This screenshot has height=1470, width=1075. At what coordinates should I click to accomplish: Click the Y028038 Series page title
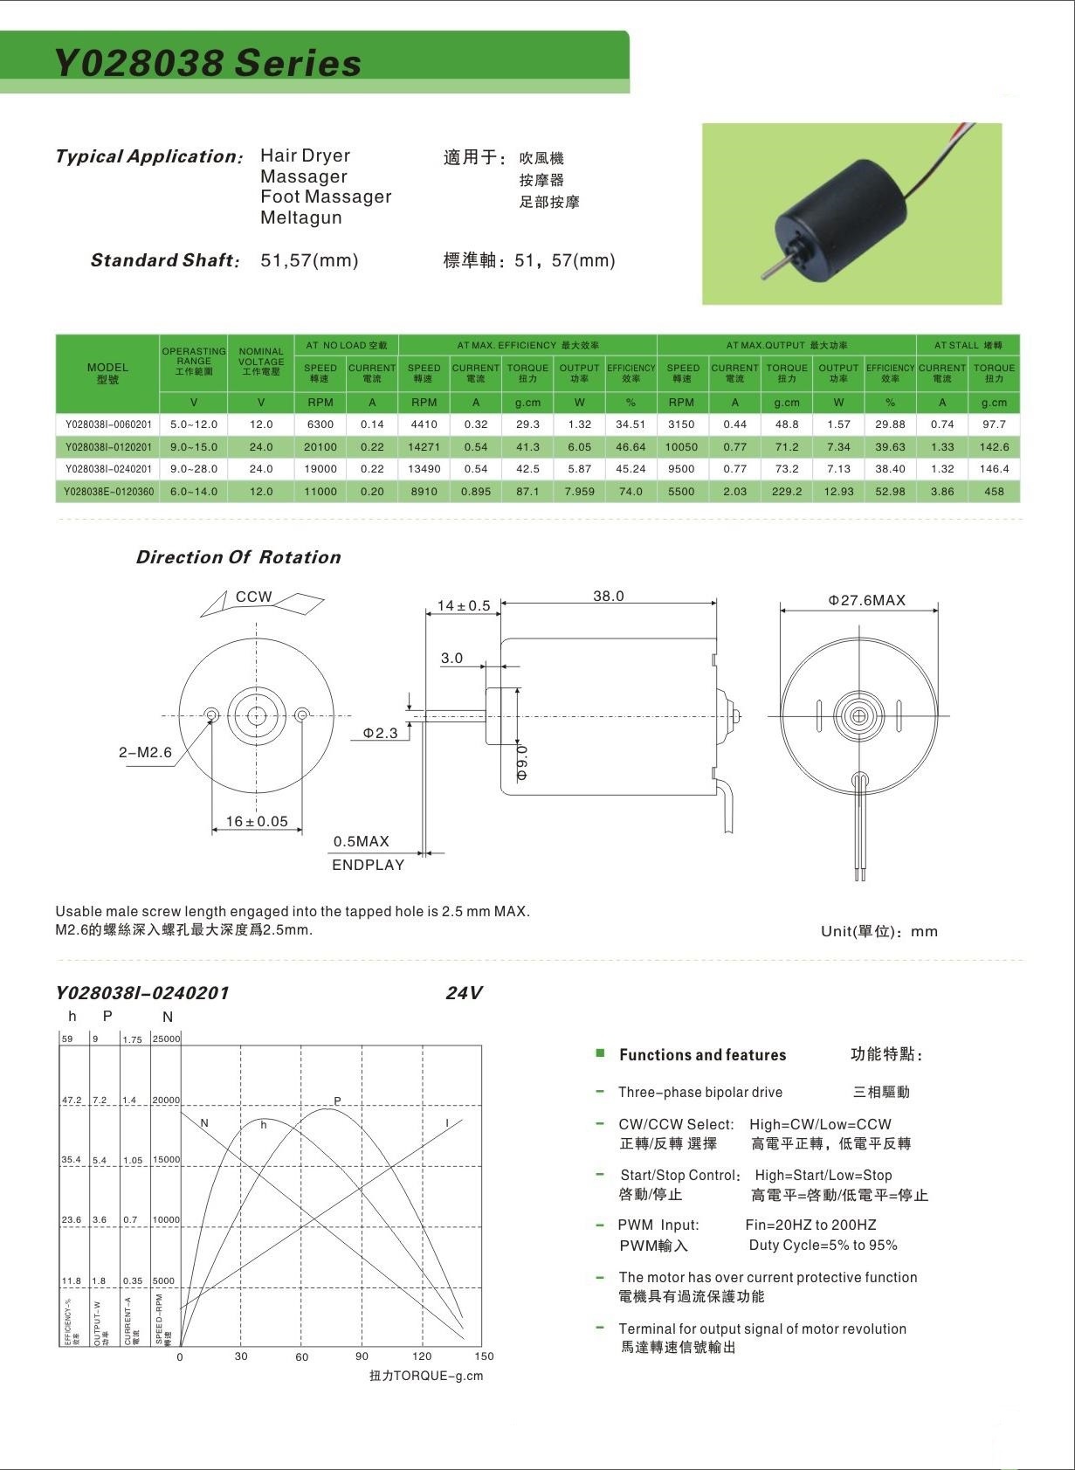click(x=208, y=63)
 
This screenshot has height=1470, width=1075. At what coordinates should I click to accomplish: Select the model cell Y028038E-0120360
click(x=108, y=492)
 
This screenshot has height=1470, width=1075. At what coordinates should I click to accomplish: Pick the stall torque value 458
click(x=994, y=492)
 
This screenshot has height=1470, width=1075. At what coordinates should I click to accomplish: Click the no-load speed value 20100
click(x=320, y=447)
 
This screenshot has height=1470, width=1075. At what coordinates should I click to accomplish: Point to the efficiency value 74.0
click(x=631, y=492)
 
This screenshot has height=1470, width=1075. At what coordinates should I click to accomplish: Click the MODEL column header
click(x=108, y=373)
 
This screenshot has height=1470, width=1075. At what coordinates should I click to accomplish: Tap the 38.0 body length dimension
click(x=609, y=597)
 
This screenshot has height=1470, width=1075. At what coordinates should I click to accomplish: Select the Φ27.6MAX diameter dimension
click(x=866, y=601)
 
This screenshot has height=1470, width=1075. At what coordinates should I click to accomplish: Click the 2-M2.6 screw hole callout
click(x=146, y=753)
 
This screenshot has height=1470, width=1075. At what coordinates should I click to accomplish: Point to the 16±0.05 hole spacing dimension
click(x=257, y=821)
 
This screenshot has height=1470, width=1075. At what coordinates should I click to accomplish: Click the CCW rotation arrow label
click(x=254, y=597)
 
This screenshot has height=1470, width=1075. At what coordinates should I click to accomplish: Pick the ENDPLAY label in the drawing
click(x=368, y=866)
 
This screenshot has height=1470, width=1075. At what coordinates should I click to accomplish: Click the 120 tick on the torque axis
click(x=423, y=1356)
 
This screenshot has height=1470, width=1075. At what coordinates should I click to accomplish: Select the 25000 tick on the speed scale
click(x=166, y=1039)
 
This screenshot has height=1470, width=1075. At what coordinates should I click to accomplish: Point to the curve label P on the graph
click(x=338, y=1101)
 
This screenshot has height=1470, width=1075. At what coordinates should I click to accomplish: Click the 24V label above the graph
click(x=464, y=993)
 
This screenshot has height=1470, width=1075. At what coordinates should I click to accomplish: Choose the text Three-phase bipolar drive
click(x=700, y=1093)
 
